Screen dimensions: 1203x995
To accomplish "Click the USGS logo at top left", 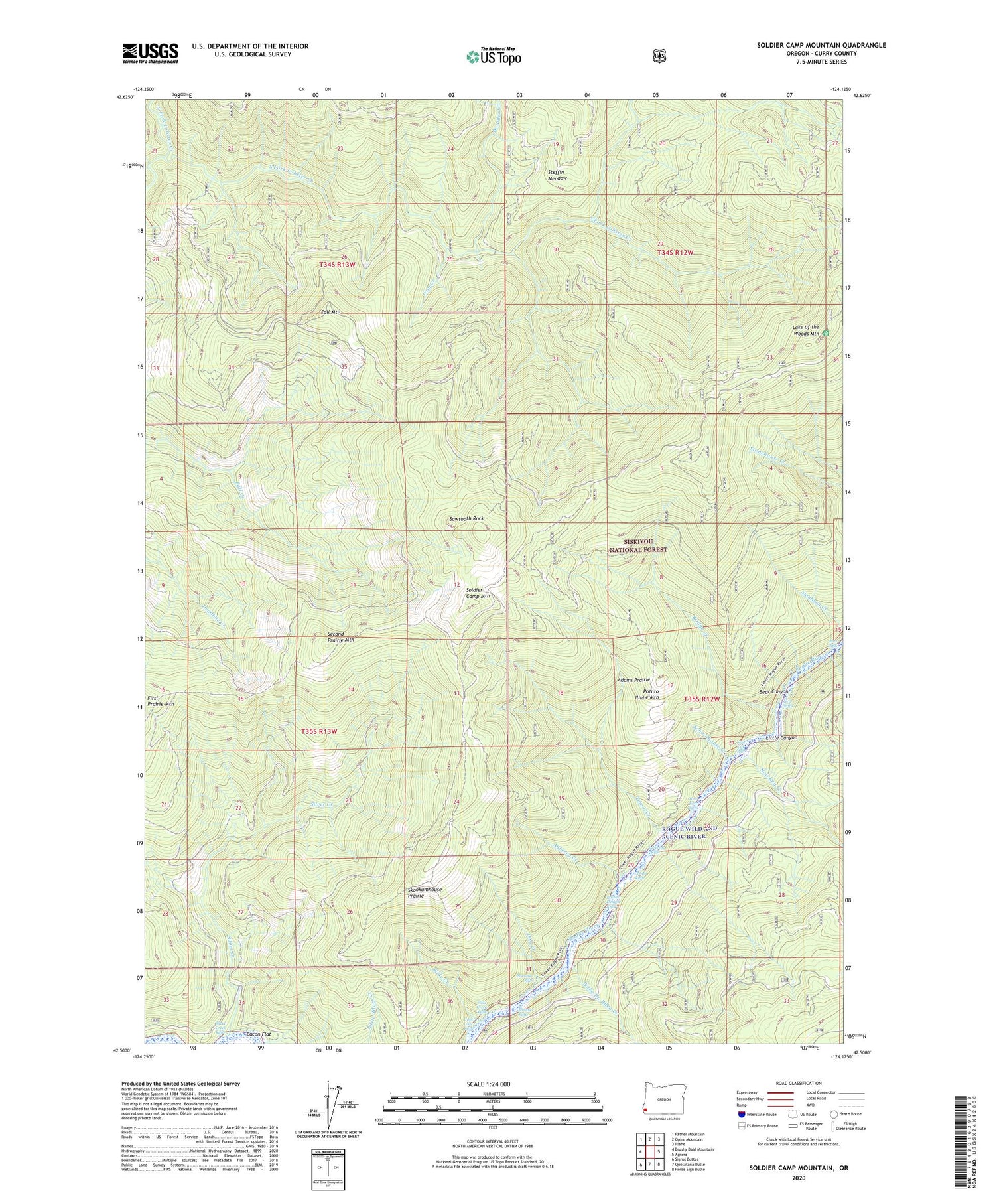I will pyautogui.click(x=150, y=53).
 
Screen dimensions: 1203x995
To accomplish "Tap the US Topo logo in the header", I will pyautogui.click(x=494, y=56).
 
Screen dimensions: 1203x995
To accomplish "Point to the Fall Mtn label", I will pyautogui.click(x=330, y=311).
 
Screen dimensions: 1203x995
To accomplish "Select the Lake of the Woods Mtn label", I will pyautogui.click(x=805, y=330).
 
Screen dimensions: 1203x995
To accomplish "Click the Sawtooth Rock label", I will pyautogui.click(x=466, y=518).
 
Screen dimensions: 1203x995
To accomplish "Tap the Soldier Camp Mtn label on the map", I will pyautogui.click(x=478, y=593).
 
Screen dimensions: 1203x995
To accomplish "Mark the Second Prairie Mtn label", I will pyautogui.click(x=341, y=637).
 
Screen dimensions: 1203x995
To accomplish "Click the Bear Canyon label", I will pyautogui.click(x=773, y=691).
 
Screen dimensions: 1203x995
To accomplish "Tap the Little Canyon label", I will pyautogui.click(x=781, y=737).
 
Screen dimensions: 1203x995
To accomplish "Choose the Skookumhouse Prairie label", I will pyautogui.click(x=425, y=892).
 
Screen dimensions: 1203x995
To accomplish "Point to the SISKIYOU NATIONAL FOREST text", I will pyautogui.click(x=638, y=545).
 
